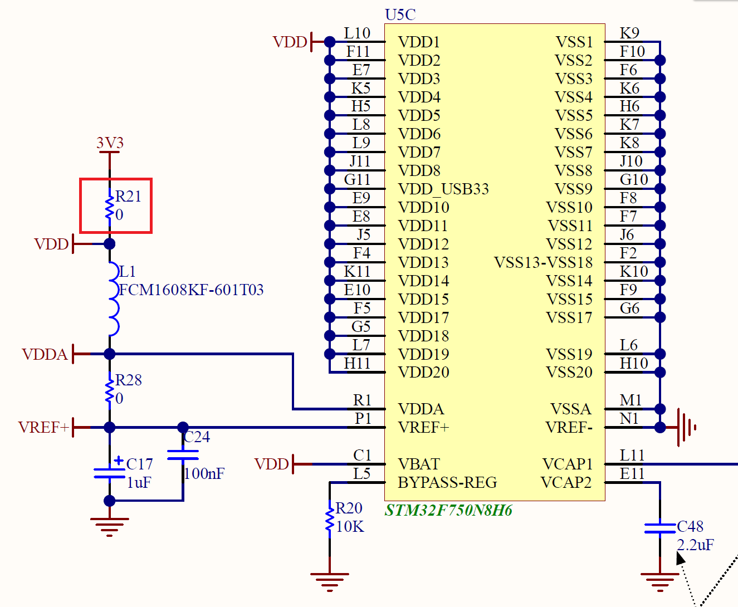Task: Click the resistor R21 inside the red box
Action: [x=110, y=205]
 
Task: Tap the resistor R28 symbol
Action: [x=110, y=390]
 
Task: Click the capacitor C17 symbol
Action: [x=110, y=473]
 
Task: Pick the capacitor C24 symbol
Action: [x=183, y=455]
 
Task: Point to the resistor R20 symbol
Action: [x=330, y=518]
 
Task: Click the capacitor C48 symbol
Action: [x=660, y=528]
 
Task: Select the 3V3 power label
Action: [x=110, y=143]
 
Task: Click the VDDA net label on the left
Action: [x=45, y=355]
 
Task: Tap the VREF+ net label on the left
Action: [x=43, y=428]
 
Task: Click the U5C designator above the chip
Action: [x=400, y=14]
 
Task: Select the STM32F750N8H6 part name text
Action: [x=448, y=511]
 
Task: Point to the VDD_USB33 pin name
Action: [x=443, y=189]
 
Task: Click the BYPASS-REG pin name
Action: [x=447, y=483]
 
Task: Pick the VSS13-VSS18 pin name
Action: [x=543, y=263]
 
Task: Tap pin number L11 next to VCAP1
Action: [x=632, y=456]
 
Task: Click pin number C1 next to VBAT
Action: [x=362, y=456]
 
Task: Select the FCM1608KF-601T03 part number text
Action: [x=191, y=290]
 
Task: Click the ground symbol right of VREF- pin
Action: [x=686, y=428]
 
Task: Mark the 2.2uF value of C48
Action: [x=695, y=545]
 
